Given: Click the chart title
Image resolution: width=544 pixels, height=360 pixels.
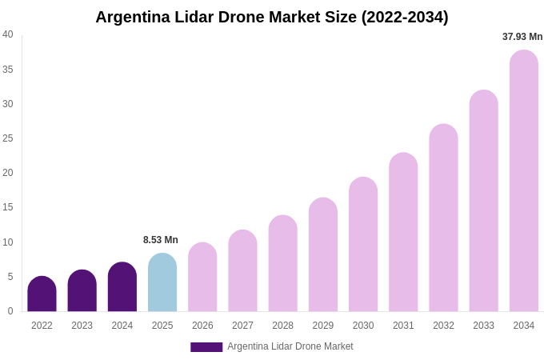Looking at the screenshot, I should pyautogui.click(x=272, y=17).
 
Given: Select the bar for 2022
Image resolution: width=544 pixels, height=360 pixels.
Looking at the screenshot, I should pyautogui.click(x=42, y=294).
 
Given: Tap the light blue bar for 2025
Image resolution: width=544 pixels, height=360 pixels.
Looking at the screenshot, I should pyautogui.click(x=162, y=283).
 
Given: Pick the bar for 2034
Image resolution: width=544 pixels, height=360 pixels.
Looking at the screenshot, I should pyautogui.click(x=524, y=182).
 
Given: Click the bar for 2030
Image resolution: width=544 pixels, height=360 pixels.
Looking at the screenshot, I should pyautogui.click(x=363, y=245).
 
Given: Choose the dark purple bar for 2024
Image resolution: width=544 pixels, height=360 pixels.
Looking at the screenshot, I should pyautogui.click(x=122, y=287).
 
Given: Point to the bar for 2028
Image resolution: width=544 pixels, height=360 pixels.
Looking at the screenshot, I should pyautogui.click(x=282, y=264).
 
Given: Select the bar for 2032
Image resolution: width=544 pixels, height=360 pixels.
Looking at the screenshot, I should pyautogui.click(x=443, y=218).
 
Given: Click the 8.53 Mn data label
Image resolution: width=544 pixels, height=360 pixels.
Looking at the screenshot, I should pyautogui.click(x=161, y=240).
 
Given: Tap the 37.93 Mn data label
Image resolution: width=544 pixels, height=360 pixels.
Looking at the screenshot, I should pyautogui.click(x=522, y=37).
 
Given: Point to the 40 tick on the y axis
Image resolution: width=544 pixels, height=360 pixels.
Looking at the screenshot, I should pyautogui.click(x=8, y=34).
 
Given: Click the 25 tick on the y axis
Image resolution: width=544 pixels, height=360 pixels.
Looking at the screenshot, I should pyautogui.click(x=8, y=138).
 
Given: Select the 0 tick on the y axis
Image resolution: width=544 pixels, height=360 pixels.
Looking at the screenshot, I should pyautogui.click(x=10, y=311).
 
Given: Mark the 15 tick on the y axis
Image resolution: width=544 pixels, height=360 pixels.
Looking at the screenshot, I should pyautogui.click(x=8, y=207).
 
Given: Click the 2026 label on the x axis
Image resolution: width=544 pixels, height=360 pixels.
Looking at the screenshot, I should pyautogui.click(x=202, y=326).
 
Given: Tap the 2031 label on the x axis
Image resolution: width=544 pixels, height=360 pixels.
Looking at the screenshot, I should pyautogui.click(x=403, y=326).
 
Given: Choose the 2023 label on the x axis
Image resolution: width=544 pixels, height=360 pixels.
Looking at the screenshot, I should pyautogui.click(x=82, y=326).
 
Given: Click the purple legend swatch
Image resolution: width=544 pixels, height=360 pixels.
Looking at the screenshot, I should pyautogui.click(x=206, y=347).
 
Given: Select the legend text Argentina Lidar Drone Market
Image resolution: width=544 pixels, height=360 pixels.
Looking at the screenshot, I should pyautogui.click(x=290, y=346).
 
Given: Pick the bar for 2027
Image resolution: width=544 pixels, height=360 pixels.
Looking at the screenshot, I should pyautogui.click(x=242, y=271).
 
